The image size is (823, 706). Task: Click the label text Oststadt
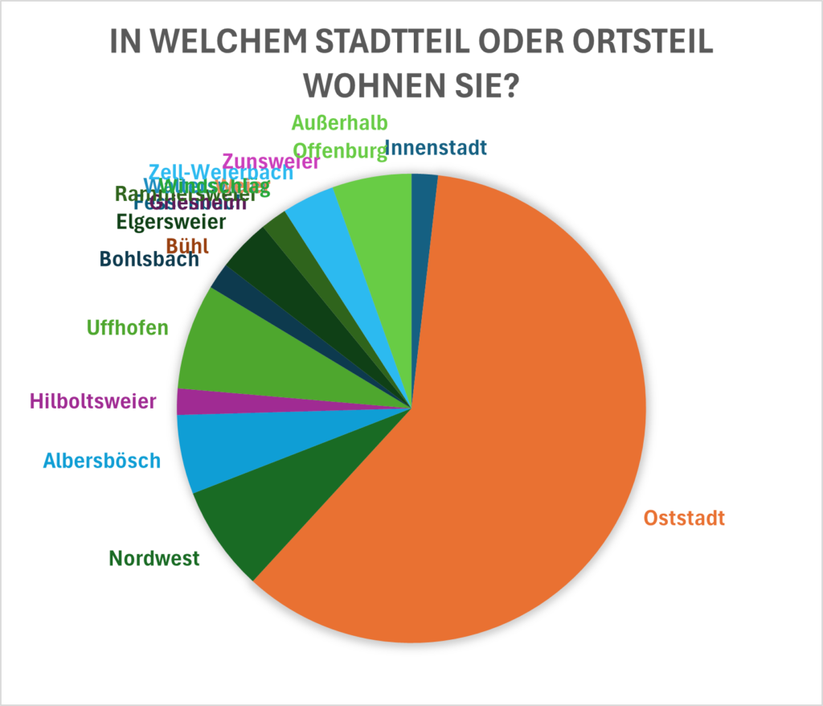[684, 518]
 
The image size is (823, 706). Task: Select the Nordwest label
[154, 558]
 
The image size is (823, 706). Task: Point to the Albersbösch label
[102, 461]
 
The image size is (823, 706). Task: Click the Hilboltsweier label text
[92, 400]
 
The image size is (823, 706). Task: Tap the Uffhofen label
[127, 327]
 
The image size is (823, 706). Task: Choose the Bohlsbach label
[149, 259]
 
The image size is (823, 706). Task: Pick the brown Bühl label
[186, 245]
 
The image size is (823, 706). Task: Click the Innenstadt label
[436, 148]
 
